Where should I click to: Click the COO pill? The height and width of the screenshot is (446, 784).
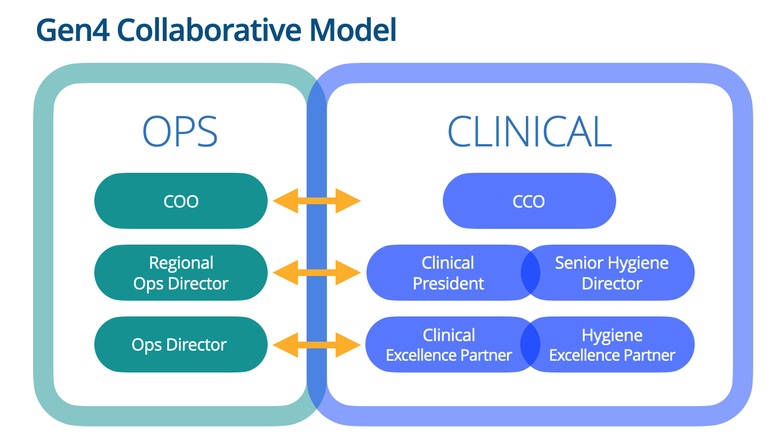181,201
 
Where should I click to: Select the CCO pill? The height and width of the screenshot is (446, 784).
529,201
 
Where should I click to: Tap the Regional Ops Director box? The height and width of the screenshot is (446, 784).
181,273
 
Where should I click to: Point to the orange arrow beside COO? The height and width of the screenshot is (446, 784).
317,201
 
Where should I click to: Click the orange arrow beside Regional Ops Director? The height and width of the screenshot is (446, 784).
317,273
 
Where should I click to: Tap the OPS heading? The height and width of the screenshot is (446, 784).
180,131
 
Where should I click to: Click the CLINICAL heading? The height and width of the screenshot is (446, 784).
530,131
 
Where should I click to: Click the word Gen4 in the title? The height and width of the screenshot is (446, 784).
73,30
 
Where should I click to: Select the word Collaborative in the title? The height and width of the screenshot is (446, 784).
209,29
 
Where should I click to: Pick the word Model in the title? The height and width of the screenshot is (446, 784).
353,29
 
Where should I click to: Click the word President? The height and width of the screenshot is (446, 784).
448,283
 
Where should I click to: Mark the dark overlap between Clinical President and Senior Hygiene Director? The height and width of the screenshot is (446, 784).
530,273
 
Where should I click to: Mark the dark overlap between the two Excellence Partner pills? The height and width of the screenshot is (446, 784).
530,344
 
